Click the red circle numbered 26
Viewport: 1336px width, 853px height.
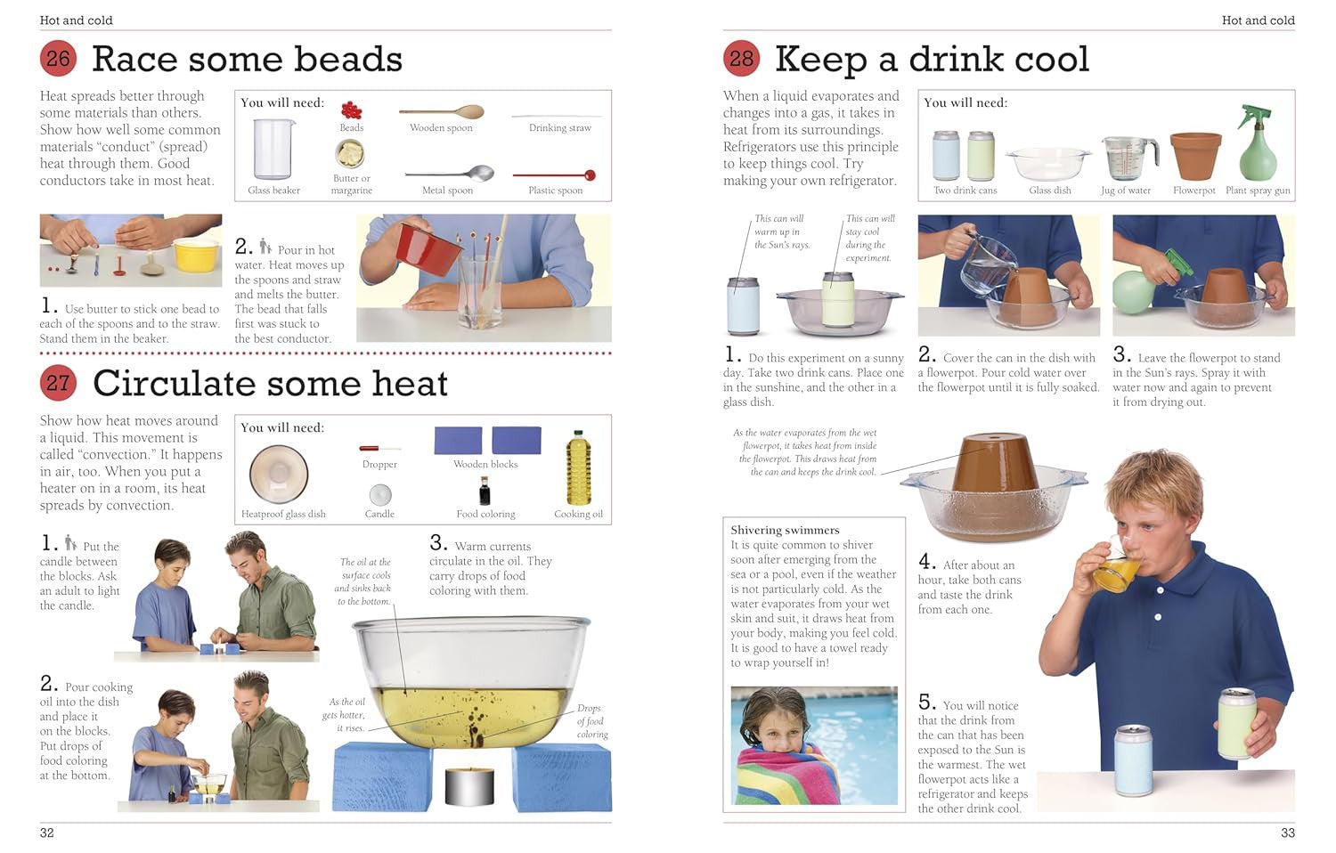[58, 59]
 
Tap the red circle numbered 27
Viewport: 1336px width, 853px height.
[58, 383]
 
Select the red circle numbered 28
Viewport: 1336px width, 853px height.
[741, 59]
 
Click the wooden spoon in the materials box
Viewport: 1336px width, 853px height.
[442, 111]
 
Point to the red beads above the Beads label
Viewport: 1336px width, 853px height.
[351, 110]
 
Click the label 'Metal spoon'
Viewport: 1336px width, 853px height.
[447, 191]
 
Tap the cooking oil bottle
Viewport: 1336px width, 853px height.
[578, 468]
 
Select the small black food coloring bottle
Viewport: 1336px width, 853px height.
[485, 491]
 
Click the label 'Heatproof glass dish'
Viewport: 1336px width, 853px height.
[283, 514]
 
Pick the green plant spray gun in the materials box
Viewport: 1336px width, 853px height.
[1258, 143]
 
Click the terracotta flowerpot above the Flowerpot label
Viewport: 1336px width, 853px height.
[1195, 156]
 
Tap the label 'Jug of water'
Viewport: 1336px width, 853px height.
[1126, 191]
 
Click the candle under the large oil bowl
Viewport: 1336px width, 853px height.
[469, 785]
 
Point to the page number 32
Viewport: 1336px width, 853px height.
[46, 833]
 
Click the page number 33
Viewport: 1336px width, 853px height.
[1288, 833]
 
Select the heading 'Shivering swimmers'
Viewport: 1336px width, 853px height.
[785, 530]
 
